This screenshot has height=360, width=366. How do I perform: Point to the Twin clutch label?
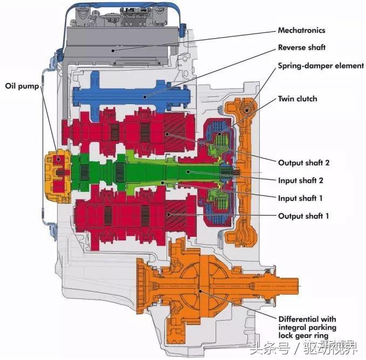point(297,99)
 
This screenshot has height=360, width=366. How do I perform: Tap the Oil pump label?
point(22,86)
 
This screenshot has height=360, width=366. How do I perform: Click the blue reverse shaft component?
point(135,96)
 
